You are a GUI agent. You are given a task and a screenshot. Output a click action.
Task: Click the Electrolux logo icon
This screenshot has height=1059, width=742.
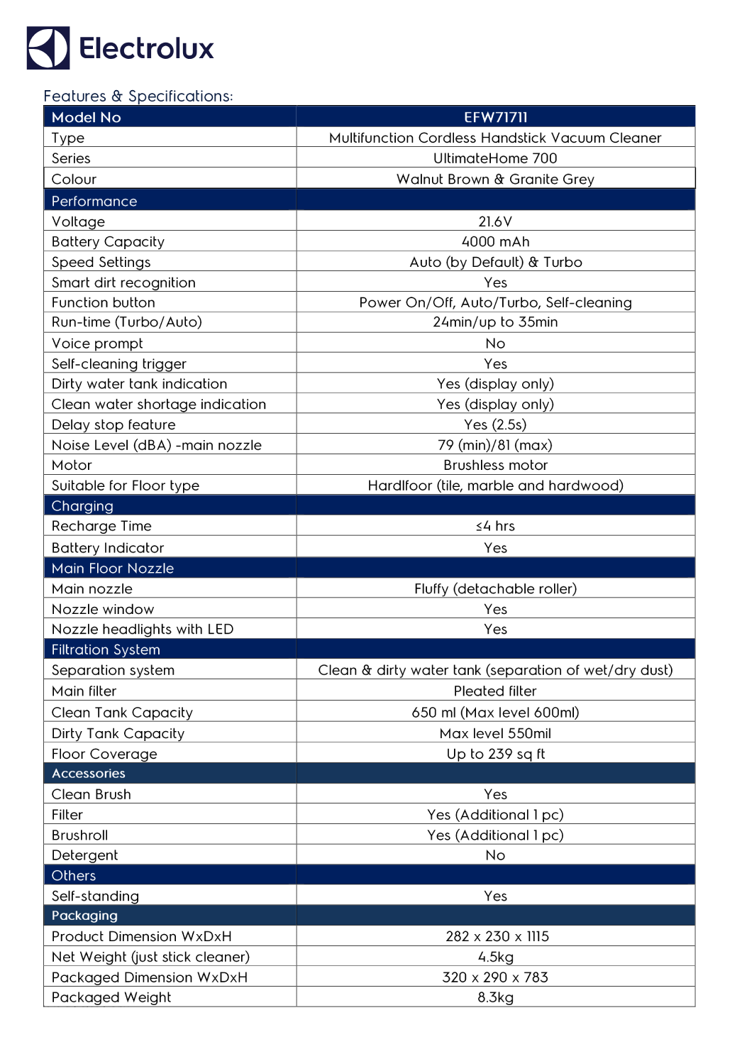48,48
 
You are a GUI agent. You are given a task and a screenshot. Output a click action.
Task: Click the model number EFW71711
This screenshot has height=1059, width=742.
495,117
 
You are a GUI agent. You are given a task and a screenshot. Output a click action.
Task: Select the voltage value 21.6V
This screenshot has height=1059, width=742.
495,221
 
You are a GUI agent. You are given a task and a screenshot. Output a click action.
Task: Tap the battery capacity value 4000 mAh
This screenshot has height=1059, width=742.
495,242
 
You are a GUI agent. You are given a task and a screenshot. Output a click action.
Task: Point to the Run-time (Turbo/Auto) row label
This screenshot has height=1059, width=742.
126,322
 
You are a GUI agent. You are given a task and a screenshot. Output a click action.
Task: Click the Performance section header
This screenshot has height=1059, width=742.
94,201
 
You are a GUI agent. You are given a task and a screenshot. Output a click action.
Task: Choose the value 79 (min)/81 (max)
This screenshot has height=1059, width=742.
495,445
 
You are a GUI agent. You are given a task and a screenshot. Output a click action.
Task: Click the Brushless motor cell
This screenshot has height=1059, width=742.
495,466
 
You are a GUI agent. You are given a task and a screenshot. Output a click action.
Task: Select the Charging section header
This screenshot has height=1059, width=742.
82,506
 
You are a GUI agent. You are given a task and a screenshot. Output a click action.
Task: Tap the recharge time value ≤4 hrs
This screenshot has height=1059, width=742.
495,526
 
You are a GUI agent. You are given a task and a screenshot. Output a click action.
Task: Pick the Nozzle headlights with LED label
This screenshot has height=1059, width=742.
142,630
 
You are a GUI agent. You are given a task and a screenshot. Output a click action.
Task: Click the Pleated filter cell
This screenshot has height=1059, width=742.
495,691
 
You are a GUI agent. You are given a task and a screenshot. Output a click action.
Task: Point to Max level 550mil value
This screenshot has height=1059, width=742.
495,733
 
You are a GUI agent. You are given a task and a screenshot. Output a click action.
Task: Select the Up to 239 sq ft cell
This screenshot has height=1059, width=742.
495,754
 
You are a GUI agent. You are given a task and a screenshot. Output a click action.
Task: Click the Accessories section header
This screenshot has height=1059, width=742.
88,774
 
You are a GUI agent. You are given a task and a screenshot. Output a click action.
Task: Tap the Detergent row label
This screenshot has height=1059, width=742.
84,855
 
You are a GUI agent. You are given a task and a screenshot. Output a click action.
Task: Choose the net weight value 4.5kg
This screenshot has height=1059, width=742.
495,957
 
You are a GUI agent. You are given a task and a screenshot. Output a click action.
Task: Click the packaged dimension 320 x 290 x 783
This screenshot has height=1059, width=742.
495,977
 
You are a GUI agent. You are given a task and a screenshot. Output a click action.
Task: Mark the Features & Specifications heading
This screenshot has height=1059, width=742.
138,96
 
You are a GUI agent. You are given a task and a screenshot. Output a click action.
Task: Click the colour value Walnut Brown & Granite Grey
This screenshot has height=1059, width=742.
495,180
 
